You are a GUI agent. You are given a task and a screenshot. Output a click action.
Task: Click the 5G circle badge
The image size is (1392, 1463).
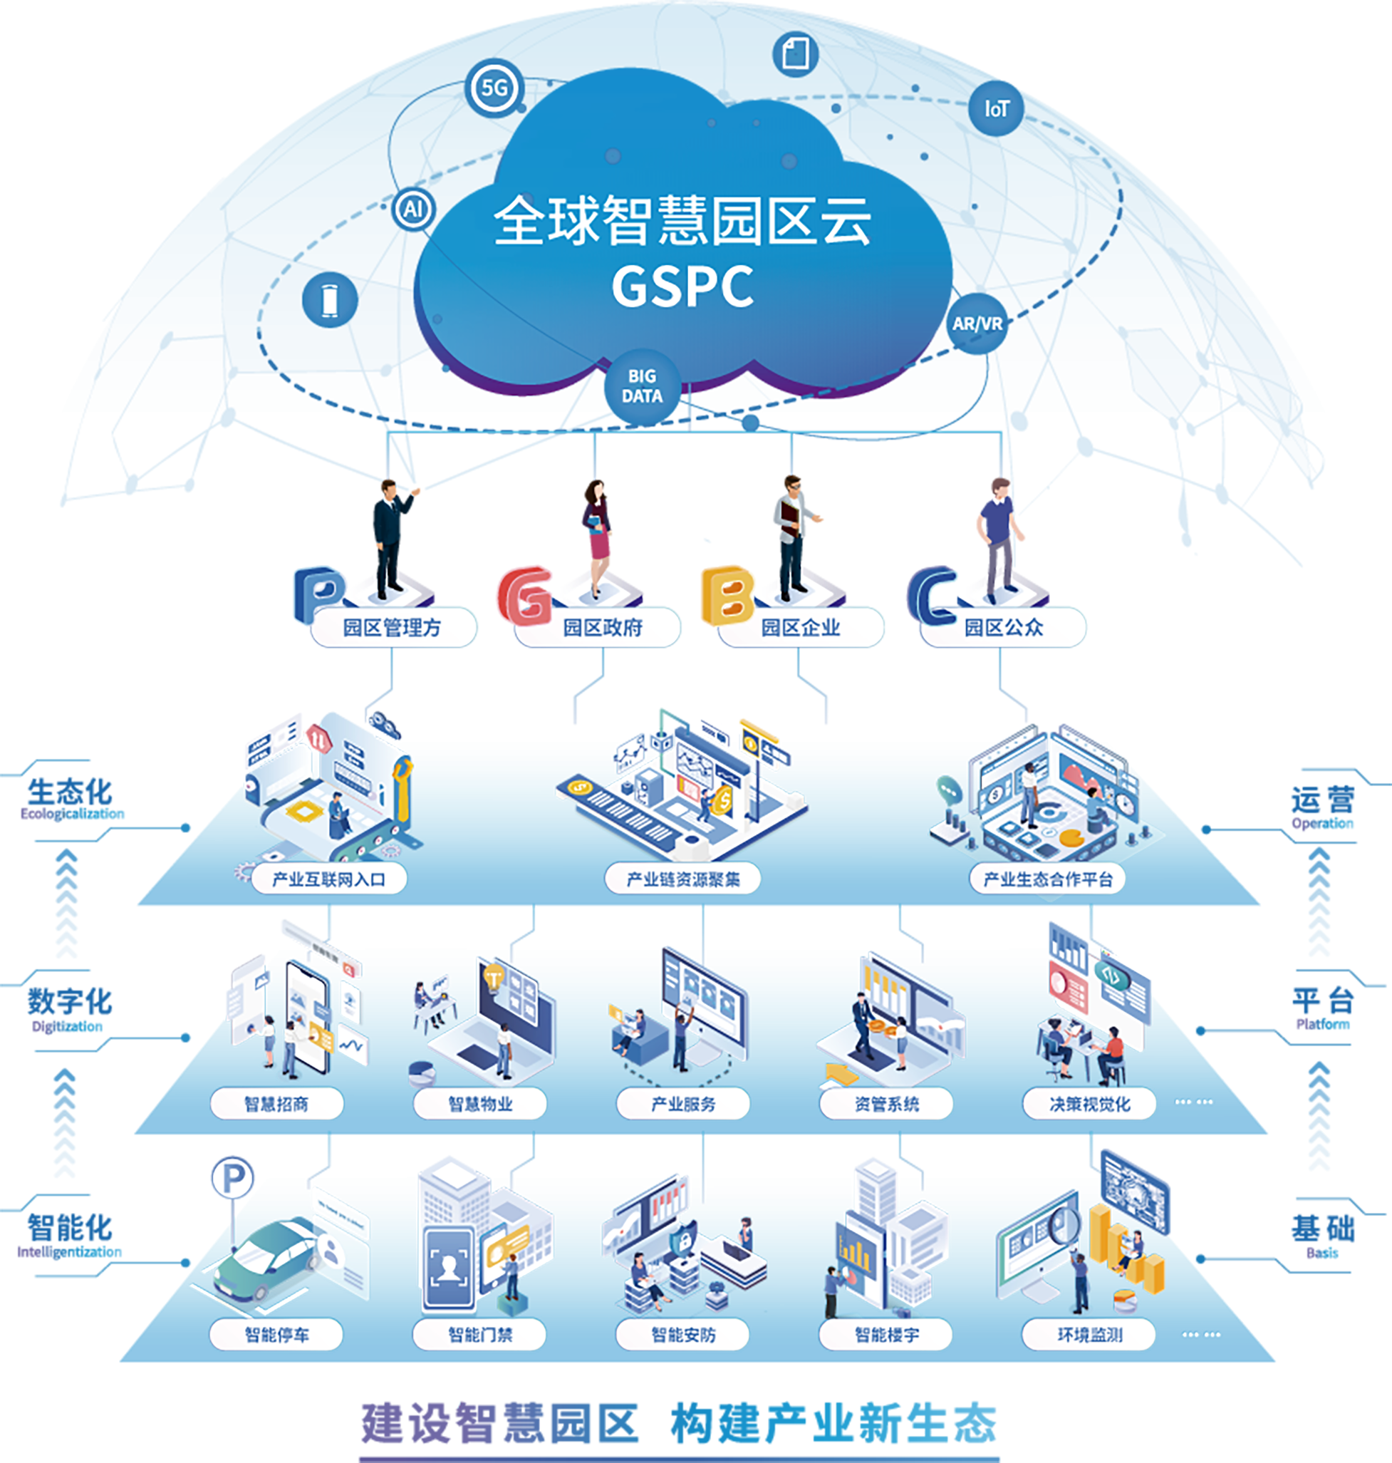[494, 88]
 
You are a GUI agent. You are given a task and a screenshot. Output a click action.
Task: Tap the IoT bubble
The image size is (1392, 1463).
[997, 109]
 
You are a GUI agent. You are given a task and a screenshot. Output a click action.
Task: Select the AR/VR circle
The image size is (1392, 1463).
[977, 324]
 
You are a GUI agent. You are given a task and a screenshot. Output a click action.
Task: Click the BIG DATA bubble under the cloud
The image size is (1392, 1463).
[642, 386]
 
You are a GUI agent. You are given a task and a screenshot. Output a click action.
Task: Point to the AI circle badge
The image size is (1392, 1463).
[413, 210]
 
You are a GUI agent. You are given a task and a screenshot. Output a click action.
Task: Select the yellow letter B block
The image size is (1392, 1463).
[727, 594]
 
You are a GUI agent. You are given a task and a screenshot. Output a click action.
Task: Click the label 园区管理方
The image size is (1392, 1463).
[393, 628]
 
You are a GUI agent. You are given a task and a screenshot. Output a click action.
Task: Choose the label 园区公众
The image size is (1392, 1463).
[1003, 628]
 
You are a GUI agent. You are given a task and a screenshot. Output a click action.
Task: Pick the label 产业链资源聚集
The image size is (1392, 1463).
[682, 879]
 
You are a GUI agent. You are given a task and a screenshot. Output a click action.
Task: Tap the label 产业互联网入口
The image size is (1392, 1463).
[328, 879]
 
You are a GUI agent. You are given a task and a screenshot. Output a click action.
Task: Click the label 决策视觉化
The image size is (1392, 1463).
[1089, 1104]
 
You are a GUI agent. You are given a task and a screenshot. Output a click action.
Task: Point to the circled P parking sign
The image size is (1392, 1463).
[232, 1177]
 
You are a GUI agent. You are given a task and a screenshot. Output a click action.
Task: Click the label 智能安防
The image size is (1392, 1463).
[682, 1335]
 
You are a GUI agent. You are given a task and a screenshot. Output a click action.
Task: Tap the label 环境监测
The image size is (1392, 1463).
[1089, 1335]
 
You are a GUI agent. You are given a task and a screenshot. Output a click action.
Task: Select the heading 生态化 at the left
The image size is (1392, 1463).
[70, 792]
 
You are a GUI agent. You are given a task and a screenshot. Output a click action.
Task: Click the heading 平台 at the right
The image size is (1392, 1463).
[1322, 1001]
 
